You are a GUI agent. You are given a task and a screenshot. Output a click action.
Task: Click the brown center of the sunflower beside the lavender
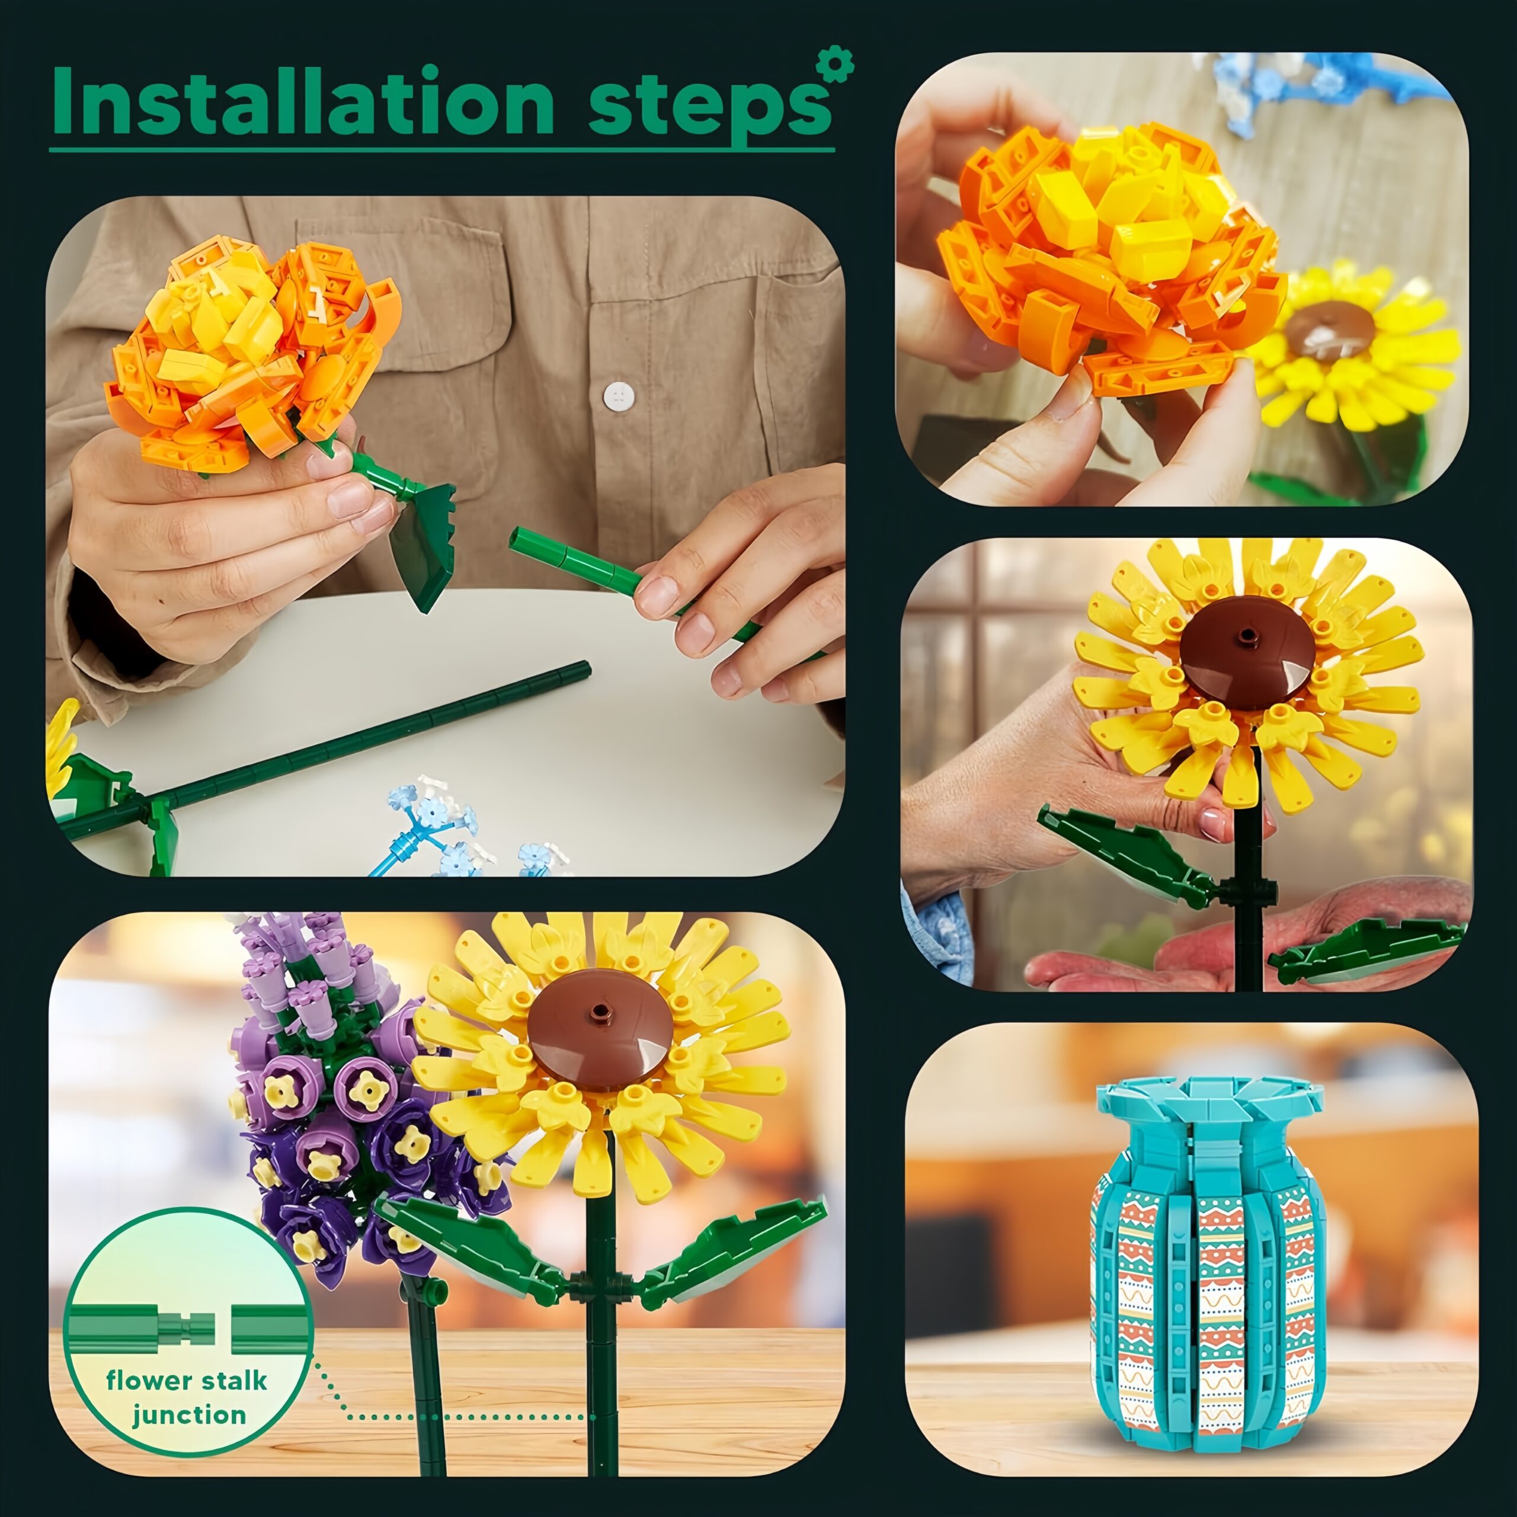pyautogui.click(x=599, y=1029)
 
